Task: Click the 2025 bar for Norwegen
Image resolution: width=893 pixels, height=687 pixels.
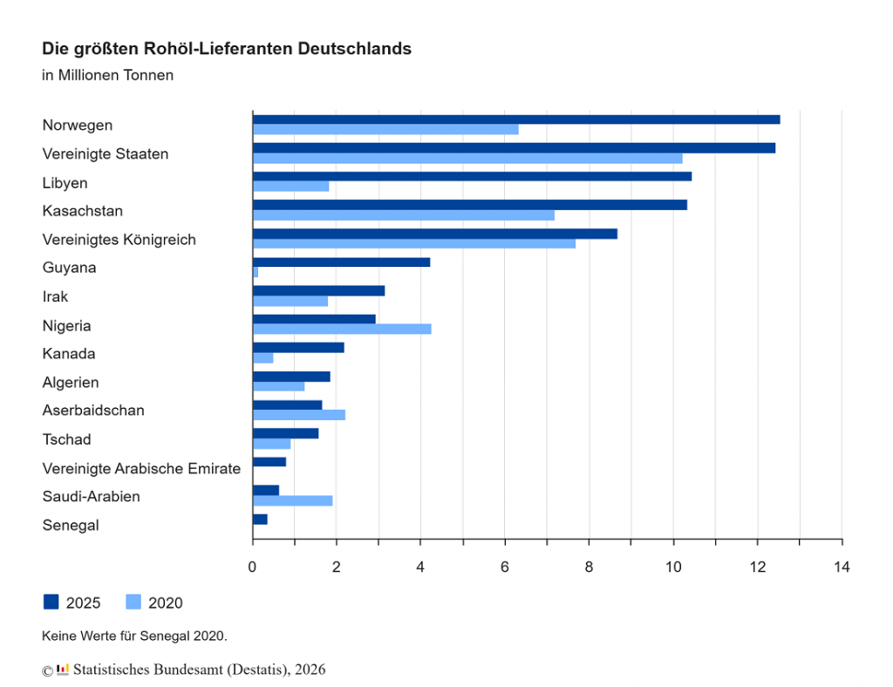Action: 516,119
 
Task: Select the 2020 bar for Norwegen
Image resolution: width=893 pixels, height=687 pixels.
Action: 385,130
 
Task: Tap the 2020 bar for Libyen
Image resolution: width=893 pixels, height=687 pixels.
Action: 290,186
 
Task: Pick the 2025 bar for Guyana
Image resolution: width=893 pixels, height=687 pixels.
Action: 341,262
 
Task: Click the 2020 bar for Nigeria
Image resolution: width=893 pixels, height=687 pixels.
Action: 342,329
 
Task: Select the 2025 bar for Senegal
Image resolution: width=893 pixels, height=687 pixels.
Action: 260,520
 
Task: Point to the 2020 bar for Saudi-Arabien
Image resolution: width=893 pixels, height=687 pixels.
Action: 292,500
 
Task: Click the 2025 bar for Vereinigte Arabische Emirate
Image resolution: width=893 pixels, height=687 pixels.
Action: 269,462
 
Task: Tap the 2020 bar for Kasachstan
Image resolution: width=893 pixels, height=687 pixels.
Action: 403,214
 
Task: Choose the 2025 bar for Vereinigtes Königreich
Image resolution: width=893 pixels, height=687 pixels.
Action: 434,234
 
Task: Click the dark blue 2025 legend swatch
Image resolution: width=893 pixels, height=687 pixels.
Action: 51,602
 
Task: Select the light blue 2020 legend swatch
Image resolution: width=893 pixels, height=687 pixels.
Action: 133,602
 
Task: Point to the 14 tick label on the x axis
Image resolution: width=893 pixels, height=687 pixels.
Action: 842,568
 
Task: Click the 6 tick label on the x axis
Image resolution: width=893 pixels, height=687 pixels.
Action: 505,568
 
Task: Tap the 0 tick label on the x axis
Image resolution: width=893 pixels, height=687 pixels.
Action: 253,568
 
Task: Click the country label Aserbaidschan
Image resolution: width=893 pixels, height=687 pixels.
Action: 93,411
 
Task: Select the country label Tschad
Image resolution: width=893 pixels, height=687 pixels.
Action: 66,439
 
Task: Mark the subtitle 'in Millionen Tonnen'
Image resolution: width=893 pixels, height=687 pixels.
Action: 107,75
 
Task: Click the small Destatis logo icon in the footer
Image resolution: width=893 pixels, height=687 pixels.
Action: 63,669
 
